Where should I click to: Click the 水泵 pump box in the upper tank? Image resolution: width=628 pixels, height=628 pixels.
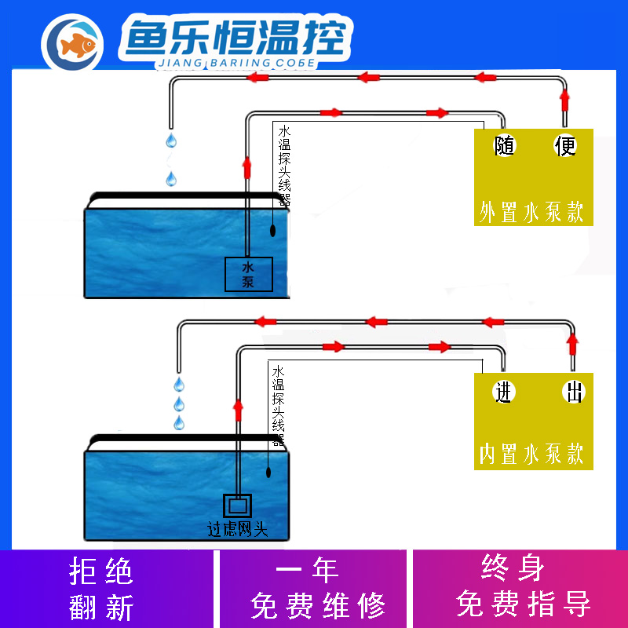[x=249, y=276]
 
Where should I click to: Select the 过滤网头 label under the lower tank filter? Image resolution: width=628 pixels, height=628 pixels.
[x=237, y=530]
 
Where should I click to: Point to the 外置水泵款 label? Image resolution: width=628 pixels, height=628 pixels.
[x=532, y=212]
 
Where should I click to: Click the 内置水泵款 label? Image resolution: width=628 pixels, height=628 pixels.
[x=532, y=454]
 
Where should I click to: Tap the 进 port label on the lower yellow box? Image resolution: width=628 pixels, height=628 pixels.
[x=503, y=392]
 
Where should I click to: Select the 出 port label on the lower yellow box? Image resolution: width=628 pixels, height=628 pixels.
[x=575, y=392]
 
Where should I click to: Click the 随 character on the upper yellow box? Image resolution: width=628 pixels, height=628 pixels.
[x=504, y=146]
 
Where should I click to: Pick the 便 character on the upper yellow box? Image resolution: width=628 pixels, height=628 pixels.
[x=566, y=146]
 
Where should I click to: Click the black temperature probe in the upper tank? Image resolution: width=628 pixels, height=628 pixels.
[x=272, y=231]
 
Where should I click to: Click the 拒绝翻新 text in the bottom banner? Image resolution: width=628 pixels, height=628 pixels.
[x=102, y=588]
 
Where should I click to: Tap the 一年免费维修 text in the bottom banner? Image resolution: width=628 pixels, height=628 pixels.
[x=318, y=588]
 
